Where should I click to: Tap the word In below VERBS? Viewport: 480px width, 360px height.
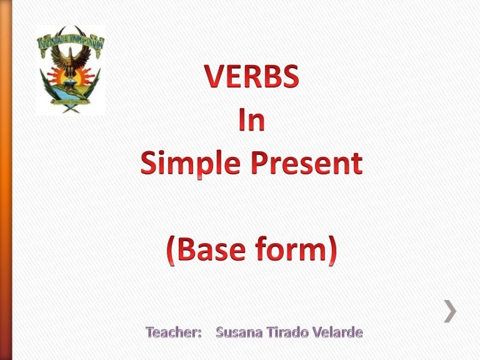(x=252, y=121)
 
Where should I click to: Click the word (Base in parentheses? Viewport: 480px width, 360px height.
(x=211, y=251)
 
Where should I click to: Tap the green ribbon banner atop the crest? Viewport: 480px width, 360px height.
(x=70, y=39)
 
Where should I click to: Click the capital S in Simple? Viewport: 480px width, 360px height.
(x=149, y=164)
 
